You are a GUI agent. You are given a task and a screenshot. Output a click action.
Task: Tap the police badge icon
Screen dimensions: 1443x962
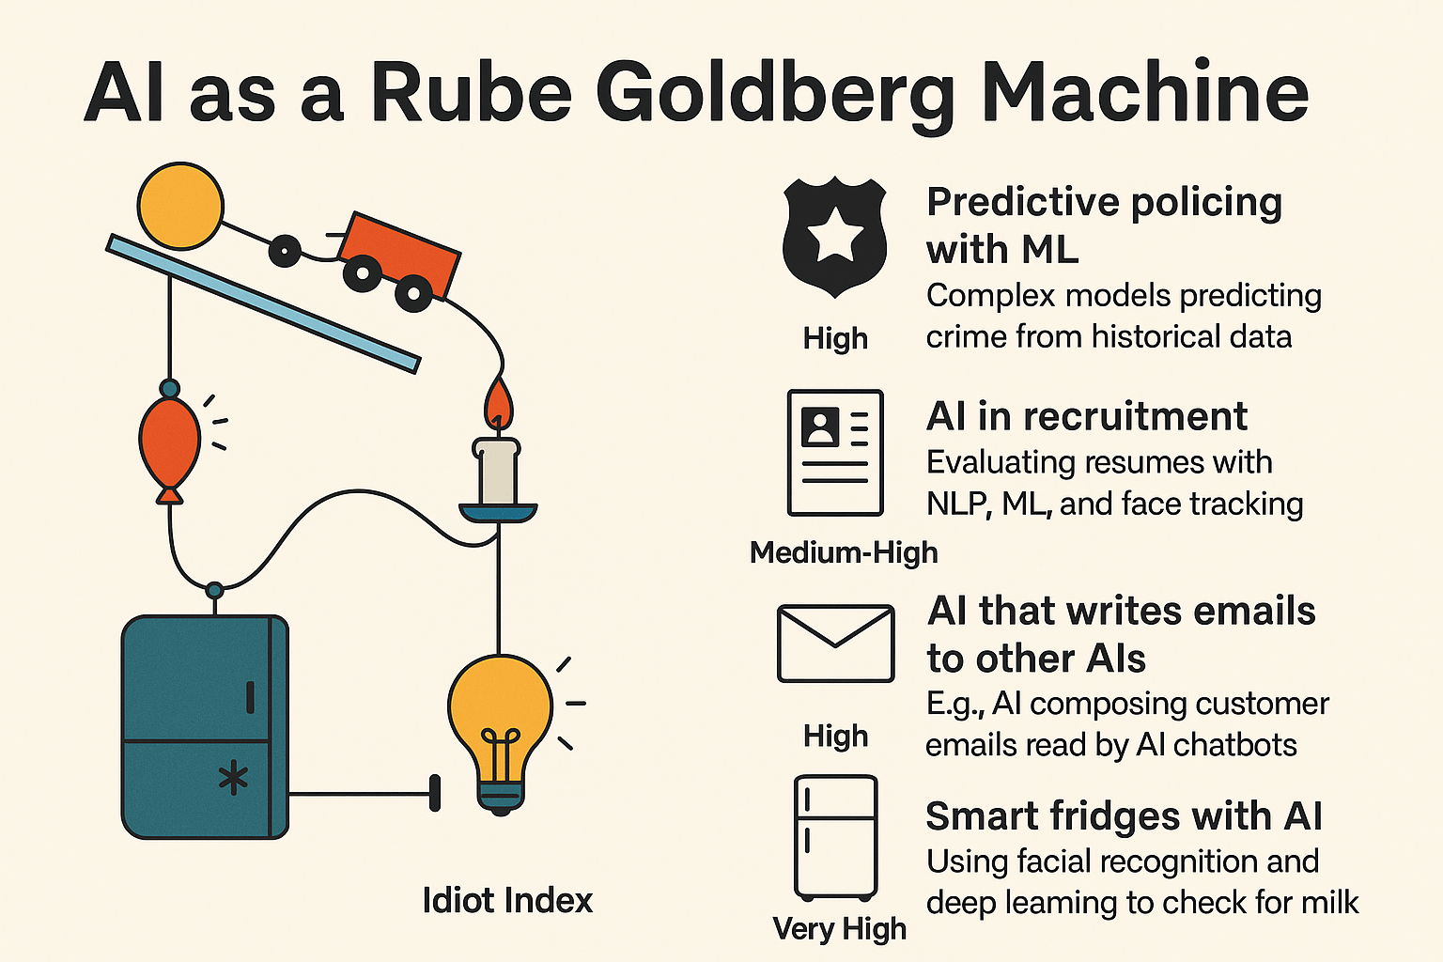tap(835, 237)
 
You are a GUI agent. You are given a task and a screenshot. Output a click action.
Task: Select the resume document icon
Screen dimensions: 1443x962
tap(835, 452)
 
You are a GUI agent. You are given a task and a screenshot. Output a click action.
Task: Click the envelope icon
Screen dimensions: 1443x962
tap(835, 643)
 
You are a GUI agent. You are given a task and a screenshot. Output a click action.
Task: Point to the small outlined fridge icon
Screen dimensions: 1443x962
tap(835, 837)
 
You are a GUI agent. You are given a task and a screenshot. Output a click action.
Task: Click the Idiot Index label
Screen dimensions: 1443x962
tap(507, 900)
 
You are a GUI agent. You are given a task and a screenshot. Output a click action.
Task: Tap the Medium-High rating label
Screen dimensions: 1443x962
tap(844, 552)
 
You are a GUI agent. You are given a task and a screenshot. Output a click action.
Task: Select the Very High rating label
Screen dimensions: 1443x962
tap(839, 929)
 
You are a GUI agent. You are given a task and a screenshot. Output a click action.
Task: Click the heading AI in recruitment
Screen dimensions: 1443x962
tap(1087, 416)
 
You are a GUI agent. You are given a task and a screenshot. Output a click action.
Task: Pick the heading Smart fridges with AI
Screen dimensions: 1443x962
tap(1124, 815)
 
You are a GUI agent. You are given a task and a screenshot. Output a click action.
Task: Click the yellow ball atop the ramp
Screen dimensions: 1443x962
tap(180, 206)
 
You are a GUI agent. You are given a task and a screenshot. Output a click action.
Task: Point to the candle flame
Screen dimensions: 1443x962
tap(499, 402)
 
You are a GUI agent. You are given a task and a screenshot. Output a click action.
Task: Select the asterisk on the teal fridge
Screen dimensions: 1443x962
tap(233, 778)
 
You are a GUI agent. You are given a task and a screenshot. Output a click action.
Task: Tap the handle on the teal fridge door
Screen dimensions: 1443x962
tap(251, 697)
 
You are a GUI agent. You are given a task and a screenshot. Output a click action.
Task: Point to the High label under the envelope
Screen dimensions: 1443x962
tap(835, 736)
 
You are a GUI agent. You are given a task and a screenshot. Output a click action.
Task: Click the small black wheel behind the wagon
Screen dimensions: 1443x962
tap(285, 251)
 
